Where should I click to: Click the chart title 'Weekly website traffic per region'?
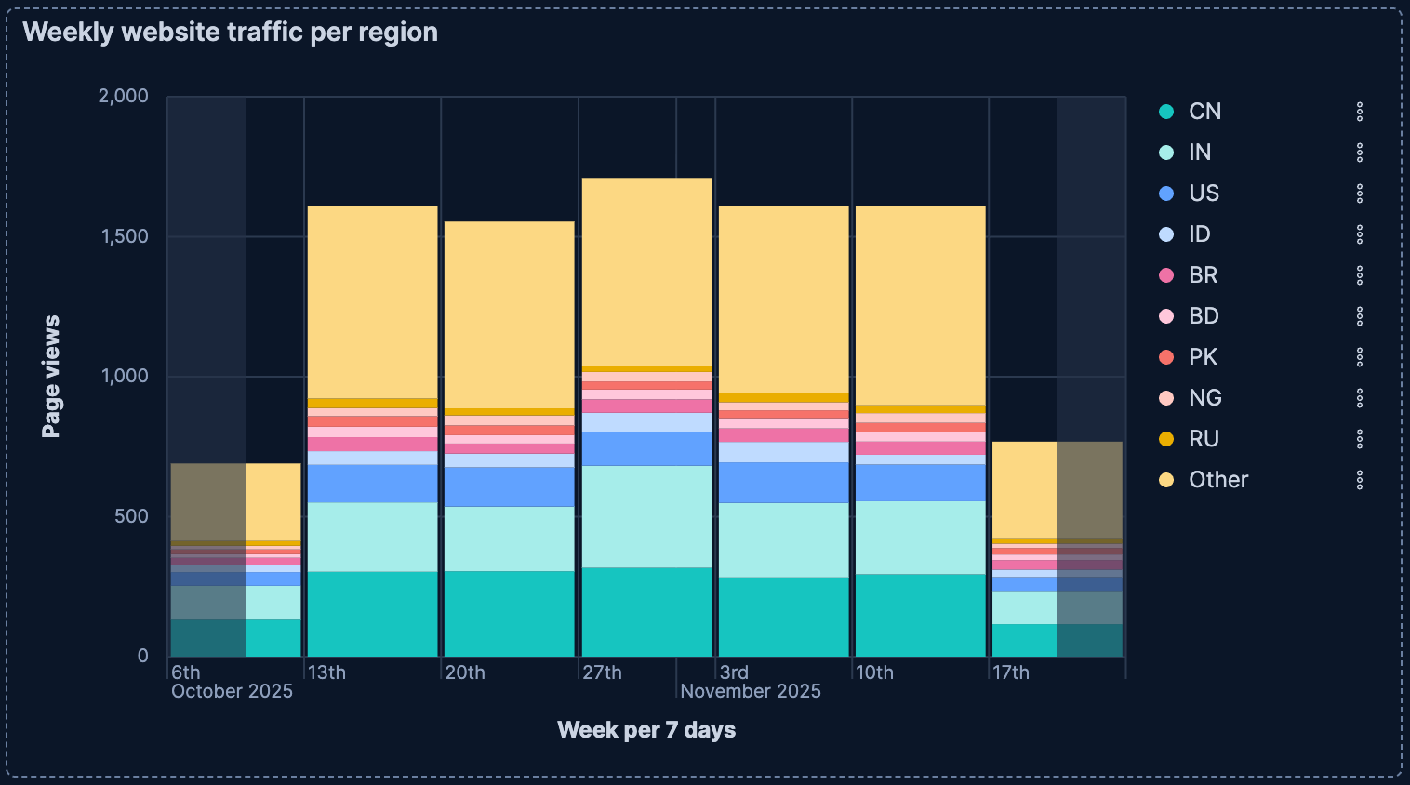coord(230,33)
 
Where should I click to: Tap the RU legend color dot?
coord(1166,439)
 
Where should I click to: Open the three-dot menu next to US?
coord(1359,193)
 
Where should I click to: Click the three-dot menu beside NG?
coord(1359,398)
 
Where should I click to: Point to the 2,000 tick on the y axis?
coord(124,97)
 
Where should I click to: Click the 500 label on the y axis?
coord(131,517)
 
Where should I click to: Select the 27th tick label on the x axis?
coord(602,672)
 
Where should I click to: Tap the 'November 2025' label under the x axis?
coord(751,691)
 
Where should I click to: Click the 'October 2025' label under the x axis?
coord(232,691)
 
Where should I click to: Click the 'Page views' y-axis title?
coord(51,377)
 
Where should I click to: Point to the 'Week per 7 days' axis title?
coord(646,730)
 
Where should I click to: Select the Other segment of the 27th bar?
coord(646,272)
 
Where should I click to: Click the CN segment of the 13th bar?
coord(372,614)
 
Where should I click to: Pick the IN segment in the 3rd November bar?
coord(783,540)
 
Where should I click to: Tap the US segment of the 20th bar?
coord(509,486)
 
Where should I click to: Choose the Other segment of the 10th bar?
coord(920,305)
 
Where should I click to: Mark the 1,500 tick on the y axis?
coord(124,236)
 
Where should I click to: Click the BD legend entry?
coord(1203,316)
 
